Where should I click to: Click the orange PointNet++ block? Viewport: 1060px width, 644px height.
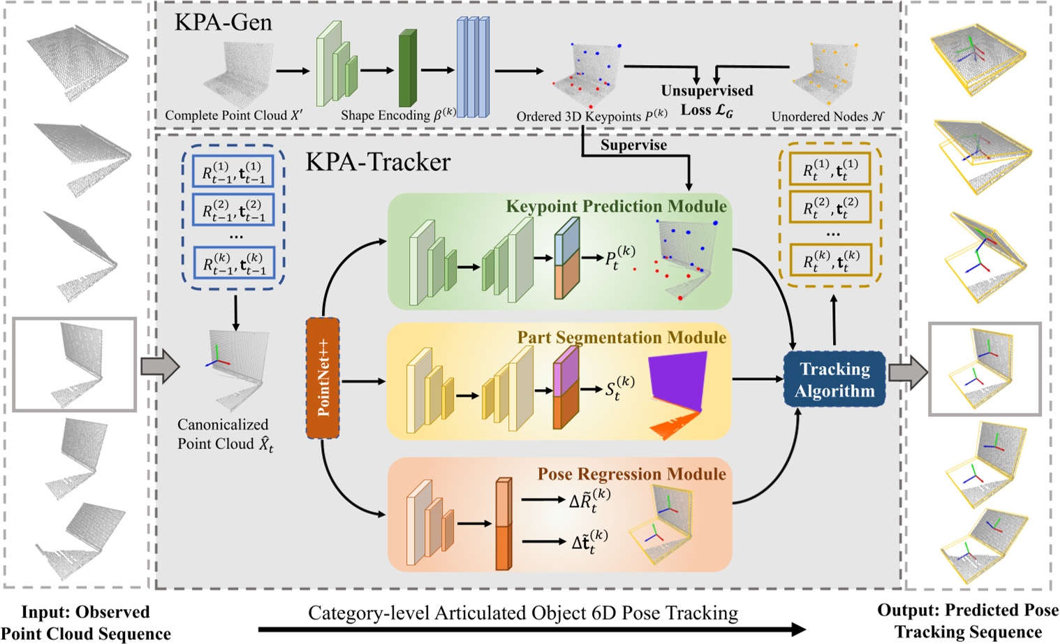323,378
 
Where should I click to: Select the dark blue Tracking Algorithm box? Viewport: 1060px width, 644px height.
834,379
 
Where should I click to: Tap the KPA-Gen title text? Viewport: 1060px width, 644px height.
223,22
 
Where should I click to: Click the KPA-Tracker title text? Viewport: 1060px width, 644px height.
378,162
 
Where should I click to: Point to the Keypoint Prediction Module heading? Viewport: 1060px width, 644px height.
616,206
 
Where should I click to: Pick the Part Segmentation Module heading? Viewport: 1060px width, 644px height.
621,337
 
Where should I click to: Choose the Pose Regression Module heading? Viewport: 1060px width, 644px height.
631,474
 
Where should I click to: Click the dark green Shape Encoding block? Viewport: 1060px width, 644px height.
407,68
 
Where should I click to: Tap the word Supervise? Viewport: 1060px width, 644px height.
633,145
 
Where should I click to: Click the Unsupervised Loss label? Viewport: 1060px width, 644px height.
707,100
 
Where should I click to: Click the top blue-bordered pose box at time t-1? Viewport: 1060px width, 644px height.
233,171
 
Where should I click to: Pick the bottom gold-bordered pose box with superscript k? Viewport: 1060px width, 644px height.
830,262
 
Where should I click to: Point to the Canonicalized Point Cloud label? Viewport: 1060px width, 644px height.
224,434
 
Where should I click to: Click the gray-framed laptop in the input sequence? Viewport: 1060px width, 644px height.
74,364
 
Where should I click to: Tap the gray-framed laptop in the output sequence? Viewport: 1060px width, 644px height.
984,369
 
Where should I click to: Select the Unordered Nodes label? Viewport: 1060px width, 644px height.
827,117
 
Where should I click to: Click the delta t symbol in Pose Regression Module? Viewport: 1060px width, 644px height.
589,541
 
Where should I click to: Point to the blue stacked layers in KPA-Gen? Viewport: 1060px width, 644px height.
473,67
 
